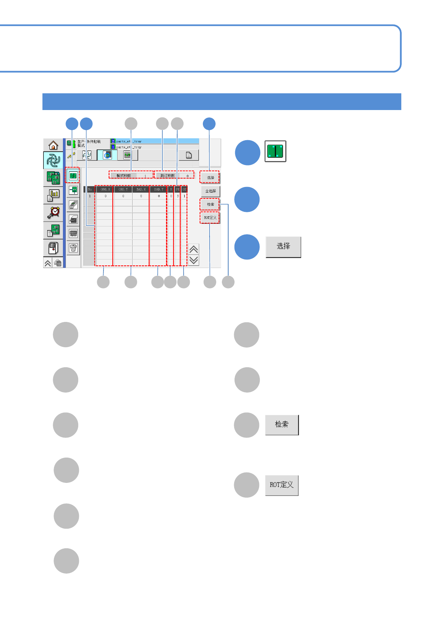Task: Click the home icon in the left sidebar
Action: pos(53,145)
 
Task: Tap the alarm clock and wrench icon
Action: pos(53,213)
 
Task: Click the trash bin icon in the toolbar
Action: pos(73,248)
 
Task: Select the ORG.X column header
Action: pos(105,190)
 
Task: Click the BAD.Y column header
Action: pos(159,190)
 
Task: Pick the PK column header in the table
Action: pos(178,190)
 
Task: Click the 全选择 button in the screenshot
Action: pos(211,191)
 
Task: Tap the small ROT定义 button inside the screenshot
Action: pos(210,218)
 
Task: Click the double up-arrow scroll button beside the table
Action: pos(194,249)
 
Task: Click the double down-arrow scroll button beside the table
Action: pos(194,260)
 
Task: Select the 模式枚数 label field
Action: pos(124,176)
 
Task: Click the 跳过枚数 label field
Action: pos(168,176)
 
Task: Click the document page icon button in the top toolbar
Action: pos(189,155)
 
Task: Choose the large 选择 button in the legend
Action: pos(283,247)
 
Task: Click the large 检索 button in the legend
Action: pos(282,425)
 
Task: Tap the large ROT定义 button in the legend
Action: pos(282,485)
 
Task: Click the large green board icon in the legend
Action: pos(275,151)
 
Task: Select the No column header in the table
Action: pos(90,190)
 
